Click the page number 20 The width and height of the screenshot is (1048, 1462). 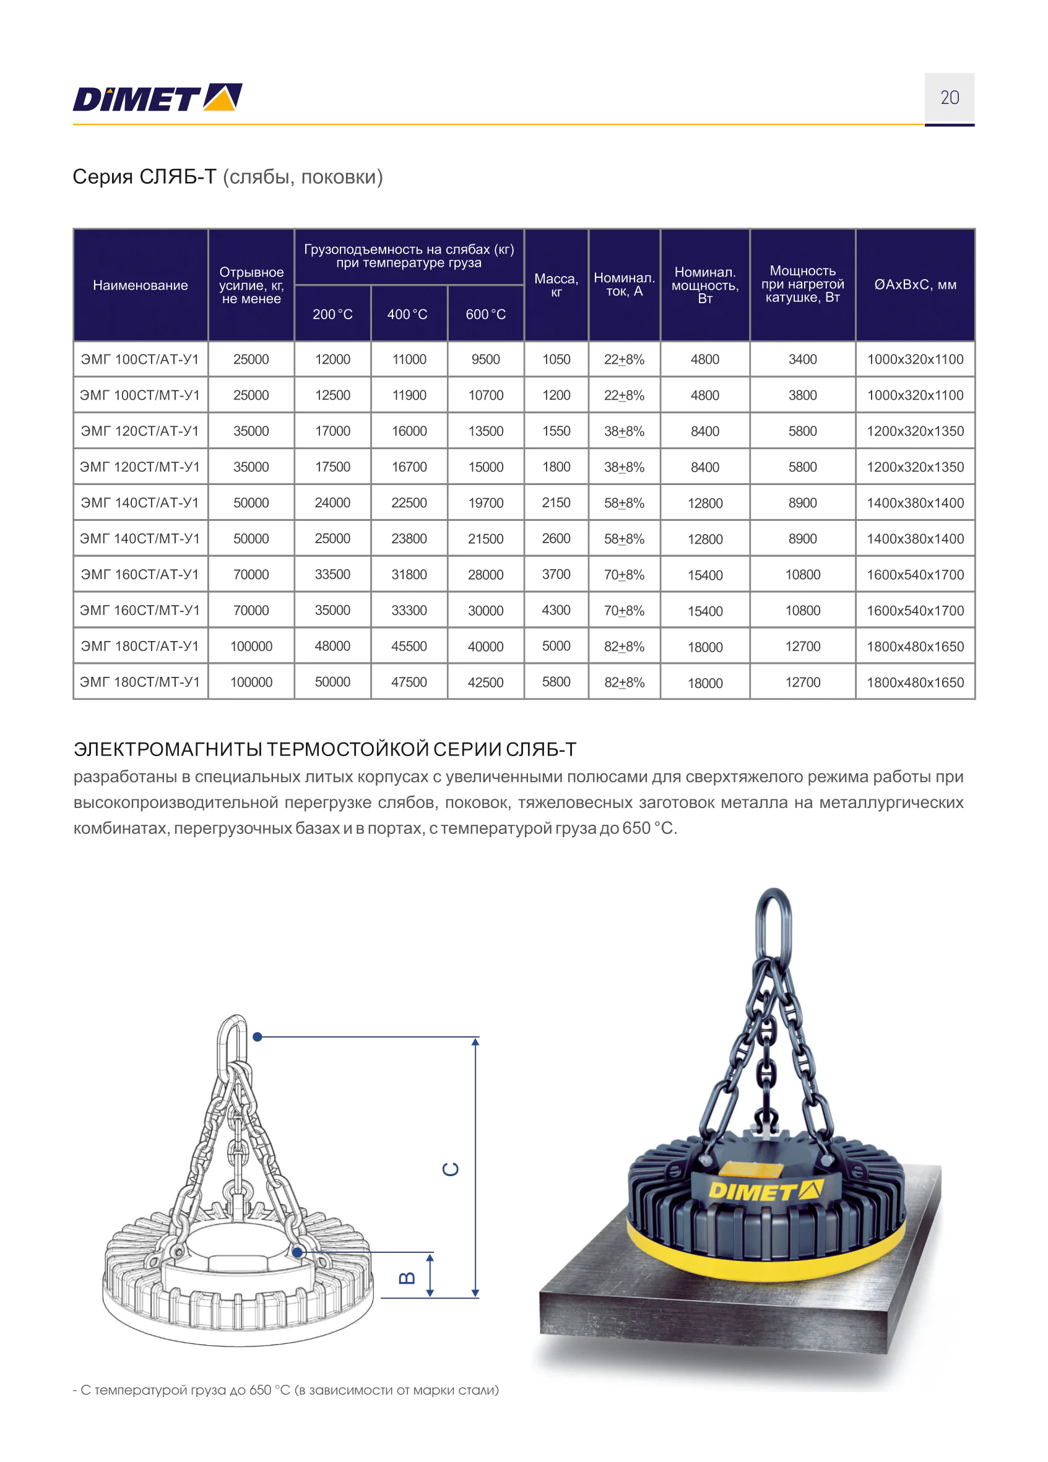[949, 98]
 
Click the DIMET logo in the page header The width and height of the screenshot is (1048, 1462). [157, 98]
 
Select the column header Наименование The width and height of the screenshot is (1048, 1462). [140, 285]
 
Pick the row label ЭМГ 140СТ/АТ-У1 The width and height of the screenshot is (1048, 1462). [140, 503]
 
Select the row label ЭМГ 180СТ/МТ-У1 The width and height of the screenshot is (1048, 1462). [140, 682]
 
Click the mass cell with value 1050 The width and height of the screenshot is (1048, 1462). [556, 359]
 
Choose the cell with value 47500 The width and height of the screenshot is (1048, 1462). [409, 682]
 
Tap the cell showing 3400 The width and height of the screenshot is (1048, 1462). [802, 359]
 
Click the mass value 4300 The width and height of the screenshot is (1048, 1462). [556, 610]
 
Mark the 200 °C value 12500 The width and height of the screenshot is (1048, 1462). [332, 395]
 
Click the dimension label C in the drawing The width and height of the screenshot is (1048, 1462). [450, 1169]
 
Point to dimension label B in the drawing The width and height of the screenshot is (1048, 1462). [407, 1278]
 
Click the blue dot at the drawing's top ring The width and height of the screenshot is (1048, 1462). [258, 1036]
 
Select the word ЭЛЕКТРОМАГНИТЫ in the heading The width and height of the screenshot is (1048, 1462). [168, 749]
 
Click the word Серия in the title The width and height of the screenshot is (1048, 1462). [103, 176]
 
